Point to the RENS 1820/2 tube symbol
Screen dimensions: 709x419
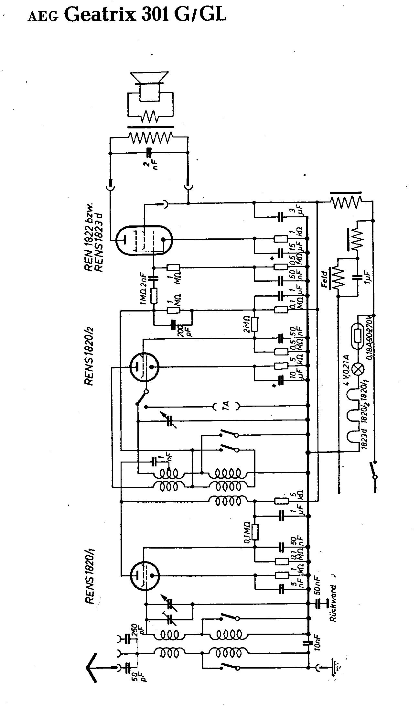[144, 366]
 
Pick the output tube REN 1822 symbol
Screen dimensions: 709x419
[144, 240]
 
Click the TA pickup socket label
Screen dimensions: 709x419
[226, 406]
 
